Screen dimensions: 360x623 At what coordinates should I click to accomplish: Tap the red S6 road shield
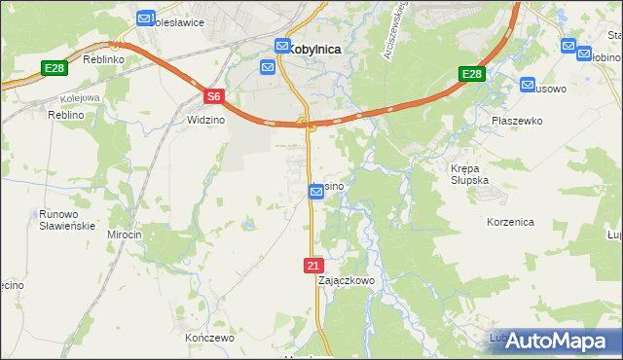(215, 95)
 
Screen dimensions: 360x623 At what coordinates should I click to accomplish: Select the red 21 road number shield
(312, 266)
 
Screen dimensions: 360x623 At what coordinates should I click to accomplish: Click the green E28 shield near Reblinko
(55, 68)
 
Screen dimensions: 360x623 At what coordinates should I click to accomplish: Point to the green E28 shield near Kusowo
(471, 75)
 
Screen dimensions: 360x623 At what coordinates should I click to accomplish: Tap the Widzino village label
(205, 121)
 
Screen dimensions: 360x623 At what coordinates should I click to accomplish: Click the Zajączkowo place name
(347, 280)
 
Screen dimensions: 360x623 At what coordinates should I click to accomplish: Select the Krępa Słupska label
(472, 174)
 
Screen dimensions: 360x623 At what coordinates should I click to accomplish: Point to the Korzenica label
(511, 222)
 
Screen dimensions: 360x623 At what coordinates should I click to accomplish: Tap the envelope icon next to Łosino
(316, 193)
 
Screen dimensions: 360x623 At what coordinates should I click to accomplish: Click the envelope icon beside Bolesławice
(145, 18)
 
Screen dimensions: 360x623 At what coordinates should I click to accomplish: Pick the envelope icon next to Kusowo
(528, 85)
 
